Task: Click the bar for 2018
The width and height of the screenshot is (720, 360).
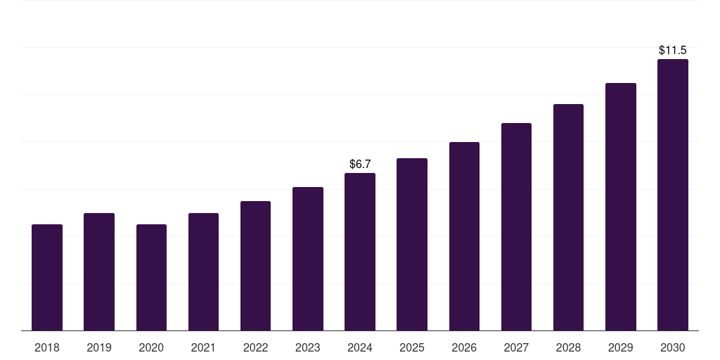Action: [x=47, y=278]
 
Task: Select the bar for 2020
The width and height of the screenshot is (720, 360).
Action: [x=151, y=278]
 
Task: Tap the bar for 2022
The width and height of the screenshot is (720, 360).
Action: [x=255, y=266]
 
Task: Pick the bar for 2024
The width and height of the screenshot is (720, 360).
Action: [x=359, y=252]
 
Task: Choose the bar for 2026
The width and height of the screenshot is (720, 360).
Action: [x=464, y=236]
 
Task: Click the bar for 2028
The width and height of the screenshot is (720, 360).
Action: [x=568, y=217]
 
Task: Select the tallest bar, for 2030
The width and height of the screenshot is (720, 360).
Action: [x=672, y=195]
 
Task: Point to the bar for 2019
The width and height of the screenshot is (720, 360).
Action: [x=99, y=272]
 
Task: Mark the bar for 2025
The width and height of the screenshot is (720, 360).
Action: [x=412, y=245]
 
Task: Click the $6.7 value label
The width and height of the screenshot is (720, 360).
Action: [x=360, y=164]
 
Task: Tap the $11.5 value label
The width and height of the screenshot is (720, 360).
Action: [x=672, y=51]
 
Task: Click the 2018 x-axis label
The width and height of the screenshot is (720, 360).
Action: [x=47, y=347]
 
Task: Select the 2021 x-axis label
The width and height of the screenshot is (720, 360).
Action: [x=203, y=347]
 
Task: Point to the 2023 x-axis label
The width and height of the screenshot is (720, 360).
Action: [x=307, y=347]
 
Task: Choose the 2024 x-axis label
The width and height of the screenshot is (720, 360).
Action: [x=359, y=347]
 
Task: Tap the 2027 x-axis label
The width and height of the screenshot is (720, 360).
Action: [x=516, y=347]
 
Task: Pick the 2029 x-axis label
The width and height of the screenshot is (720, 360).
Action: [x=620, y=347]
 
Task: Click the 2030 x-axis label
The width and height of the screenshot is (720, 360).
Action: [x=672, y=347]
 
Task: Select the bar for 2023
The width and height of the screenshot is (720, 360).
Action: [x=307, y=259]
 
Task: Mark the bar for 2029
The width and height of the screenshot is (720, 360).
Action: [x=620, y=207]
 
